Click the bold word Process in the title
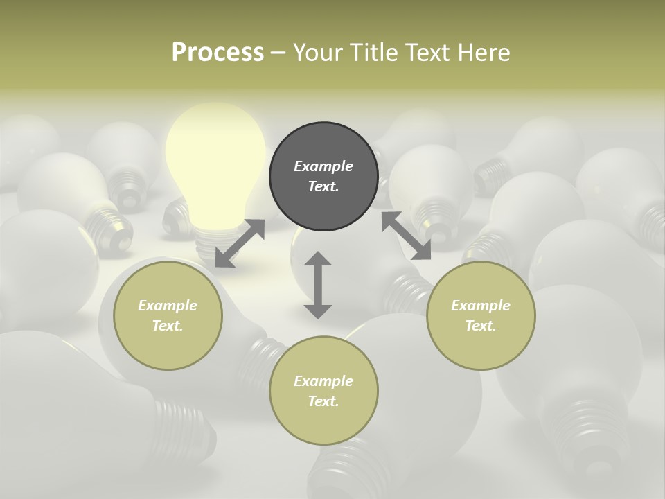tap(218, 52)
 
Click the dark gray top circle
tap(323, 176)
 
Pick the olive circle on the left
tap(168, 315)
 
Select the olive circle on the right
tap(481, 315)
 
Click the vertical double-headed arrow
tap(318, 285)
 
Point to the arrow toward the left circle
tap(240, 243)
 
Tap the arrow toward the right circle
tap(406, 236)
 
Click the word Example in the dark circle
tap(323, 166)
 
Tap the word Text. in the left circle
tap(168, 326)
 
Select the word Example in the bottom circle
tap(323, 381)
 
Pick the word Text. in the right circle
tap(481, 326)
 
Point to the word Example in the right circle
tap(481, 306)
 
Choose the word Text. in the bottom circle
tap(323, 401)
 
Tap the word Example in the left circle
tap(168, 306)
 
